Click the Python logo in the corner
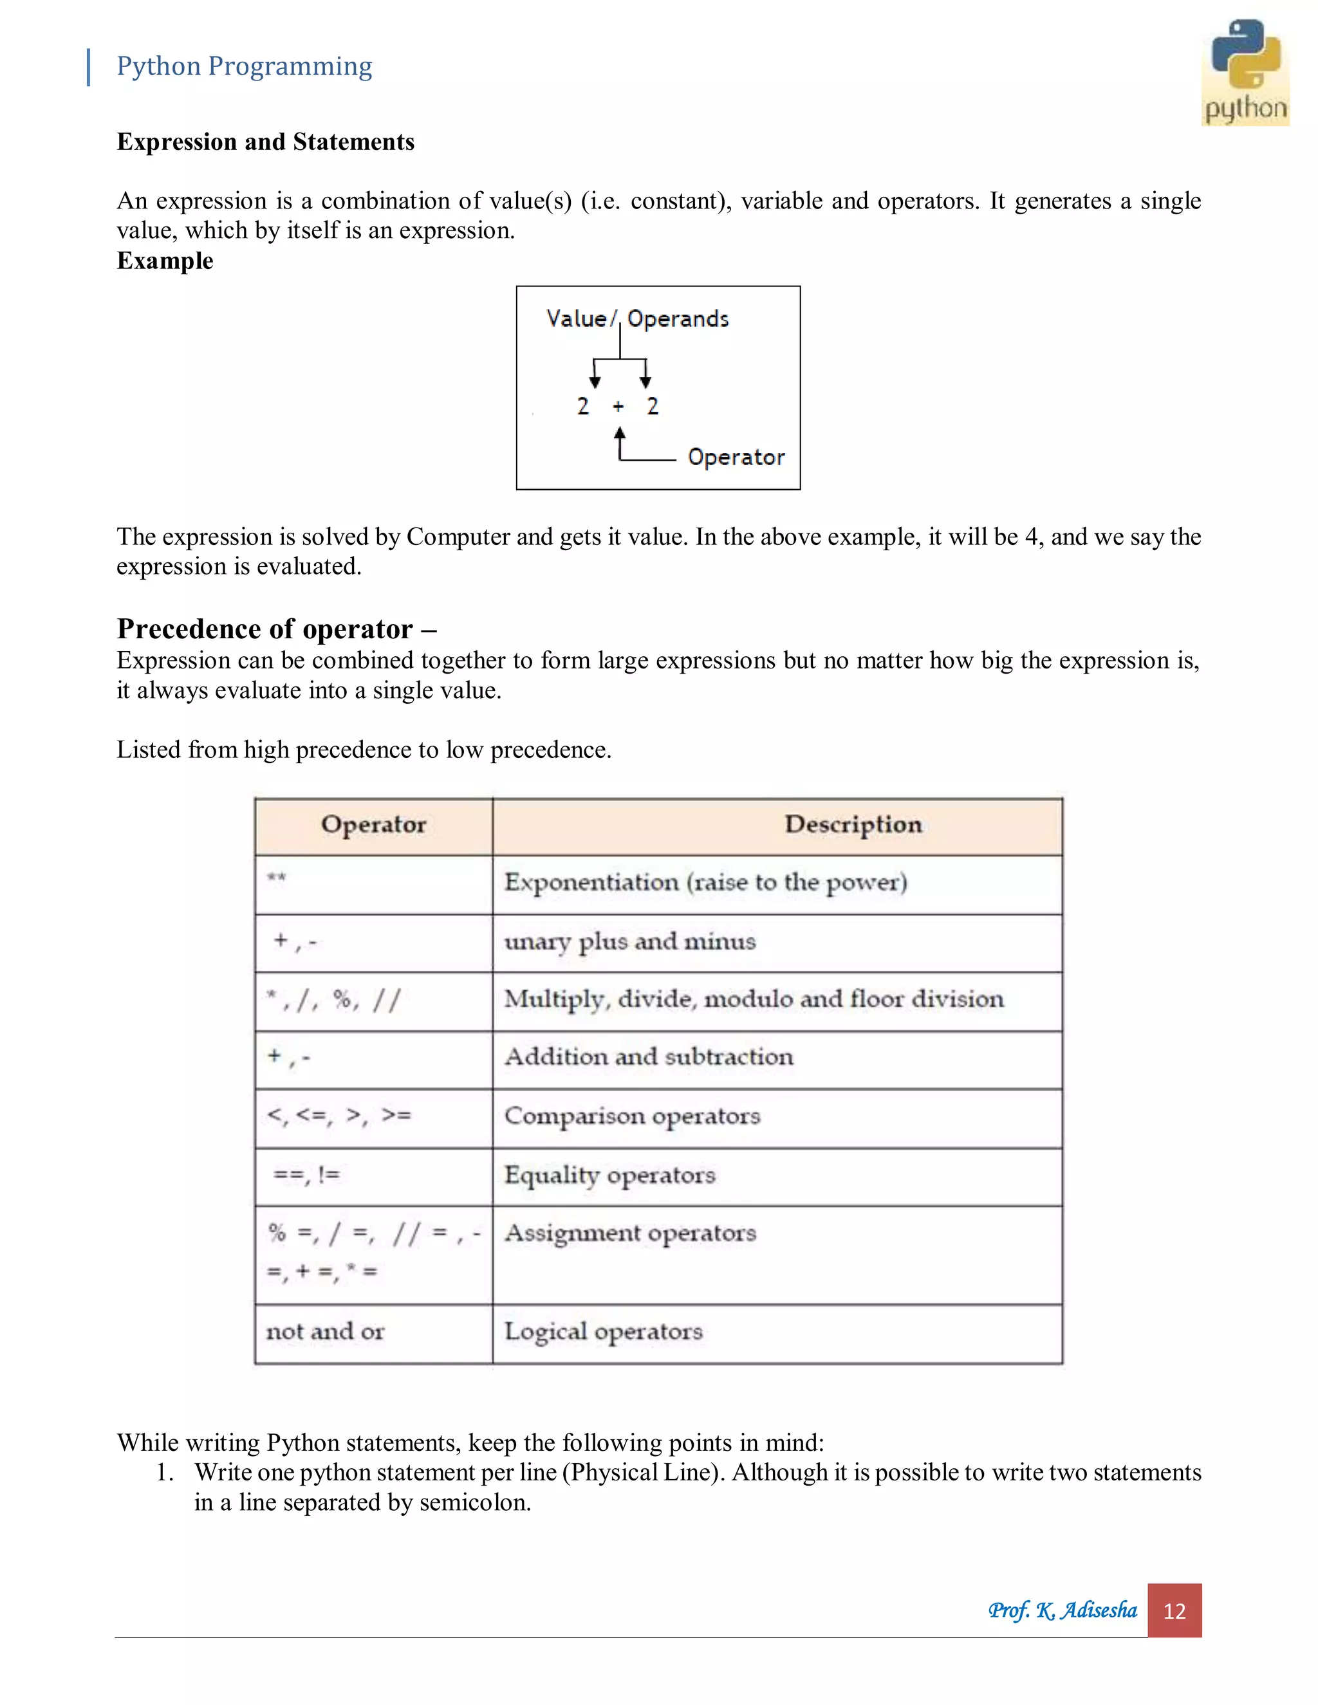pos(1245,72)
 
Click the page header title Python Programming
pos(244,66)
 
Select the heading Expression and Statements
pos(266,142)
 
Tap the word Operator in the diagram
pos(736,457)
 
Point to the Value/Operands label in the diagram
pos(637,318)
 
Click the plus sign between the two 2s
pos(618,407)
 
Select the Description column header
pos(853,824)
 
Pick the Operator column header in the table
pos(373,824)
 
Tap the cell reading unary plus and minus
pos(629,941)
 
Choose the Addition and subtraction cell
pos(648,1057)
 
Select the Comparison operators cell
pos(632,1116)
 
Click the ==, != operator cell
pos(306,1175)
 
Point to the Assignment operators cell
pos(630,1233)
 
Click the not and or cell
pos(325,1332)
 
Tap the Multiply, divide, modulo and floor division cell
pos(754,999)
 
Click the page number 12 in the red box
pos(1174,1611)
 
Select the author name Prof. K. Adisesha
pos(1062,1610)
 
